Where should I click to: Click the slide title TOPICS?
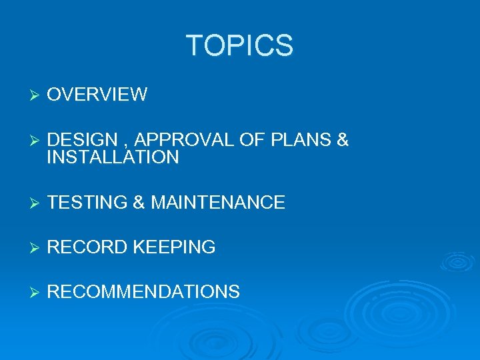tap(239, 46)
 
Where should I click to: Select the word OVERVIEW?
tap(97, 95)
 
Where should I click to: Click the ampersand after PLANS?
tap(343, 141)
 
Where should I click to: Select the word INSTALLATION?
tap(113, 157)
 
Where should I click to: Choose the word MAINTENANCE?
tap(218, 202)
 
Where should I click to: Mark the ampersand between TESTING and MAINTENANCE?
tap(139, 202)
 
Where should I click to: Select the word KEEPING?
tap(174, 247)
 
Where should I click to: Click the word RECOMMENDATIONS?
tap(143, 292)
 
